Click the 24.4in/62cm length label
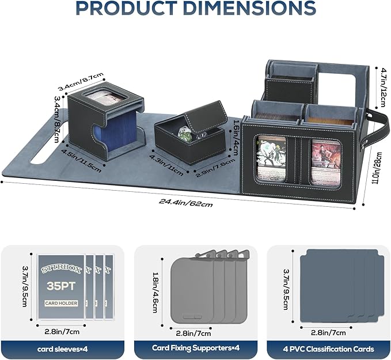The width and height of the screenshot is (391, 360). coord(186,203)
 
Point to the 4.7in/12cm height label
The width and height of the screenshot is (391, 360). coord(382,86)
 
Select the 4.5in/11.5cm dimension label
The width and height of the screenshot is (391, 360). coord(81,161)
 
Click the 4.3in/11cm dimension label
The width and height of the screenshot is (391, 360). coord(166,165)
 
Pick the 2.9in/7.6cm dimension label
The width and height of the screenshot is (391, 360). coord(215,168)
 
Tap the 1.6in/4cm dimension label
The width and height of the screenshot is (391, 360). coord(236,137)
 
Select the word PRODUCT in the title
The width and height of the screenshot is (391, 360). coord(127,7)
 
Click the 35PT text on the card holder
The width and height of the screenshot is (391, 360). coord(61,286)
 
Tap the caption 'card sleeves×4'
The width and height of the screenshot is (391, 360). coord(62,349)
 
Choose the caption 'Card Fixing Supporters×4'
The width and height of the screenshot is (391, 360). coord(196,348)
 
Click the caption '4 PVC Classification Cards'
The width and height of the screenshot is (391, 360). coord(328,349)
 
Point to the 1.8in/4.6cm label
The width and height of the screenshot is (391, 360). coord(155,292)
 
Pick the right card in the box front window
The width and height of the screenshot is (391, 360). coord(326,162)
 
